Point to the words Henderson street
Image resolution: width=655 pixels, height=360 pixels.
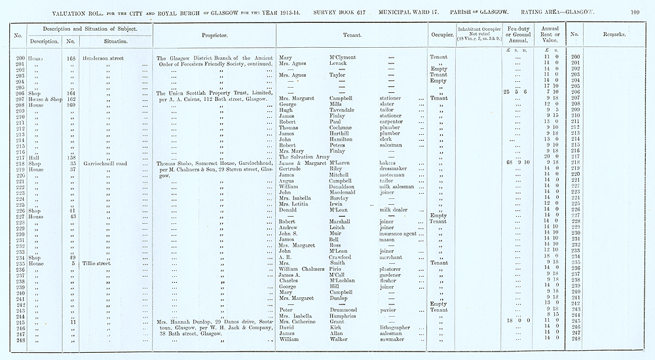105,58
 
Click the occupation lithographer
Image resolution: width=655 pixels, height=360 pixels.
398,327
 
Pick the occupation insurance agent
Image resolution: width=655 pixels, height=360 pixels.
402,233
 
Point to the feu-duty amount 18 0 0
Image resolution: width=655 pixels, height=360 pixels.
517,321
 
